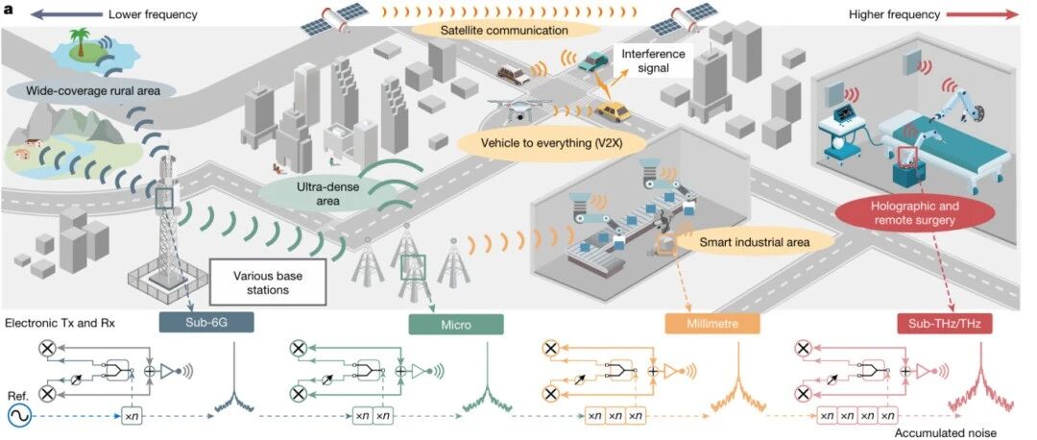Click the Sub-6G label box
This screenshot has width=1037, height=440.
(206, 323)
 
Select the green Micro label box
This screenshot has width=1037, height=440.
(456, 324)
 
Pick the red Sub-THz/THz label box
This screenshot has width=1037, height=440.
(945, 324)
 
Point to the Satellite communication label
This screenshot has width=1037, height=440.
(504, 31)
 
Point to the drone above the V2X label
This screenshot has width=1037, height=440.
(519, 108)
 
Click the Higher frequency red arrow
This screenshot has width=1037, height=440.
(983, 13)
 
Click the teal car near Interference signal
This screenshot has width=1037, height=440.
(592, 61)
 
